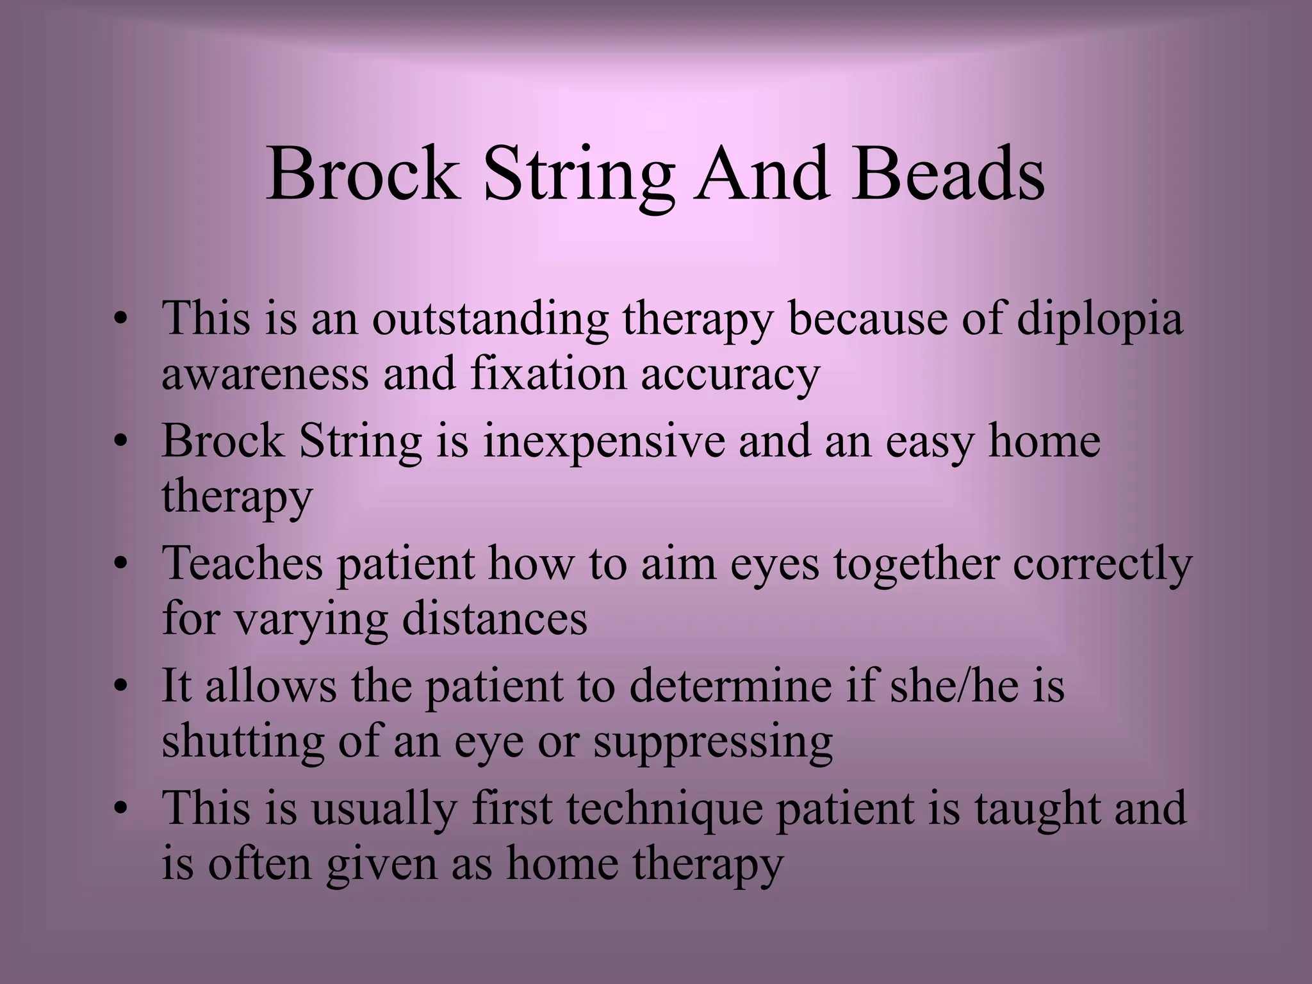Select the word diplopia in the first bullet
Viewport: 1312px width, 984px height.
pyautogui.click(x=1099, y=318)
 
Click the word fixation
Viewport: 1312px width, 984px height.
pyautogui.click(x=548, y=373)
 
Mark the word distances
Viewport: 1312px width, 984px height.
pyautogui.click(x=494, y=619)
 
